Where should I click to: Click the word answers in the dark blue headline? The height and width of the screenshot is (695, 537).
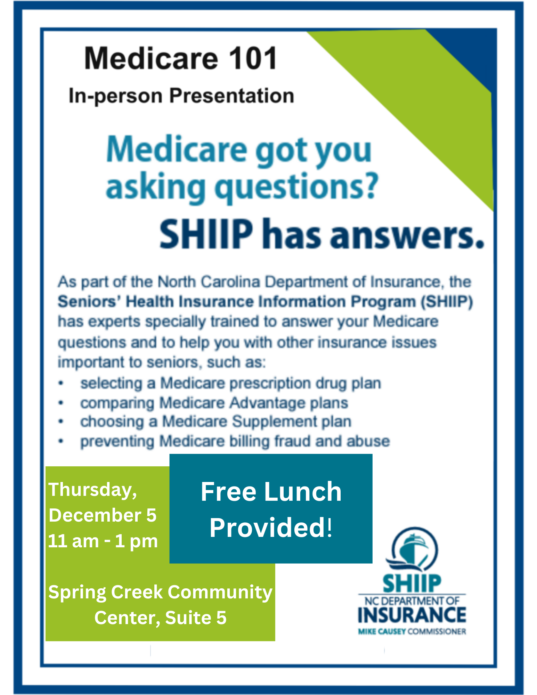[407, 236]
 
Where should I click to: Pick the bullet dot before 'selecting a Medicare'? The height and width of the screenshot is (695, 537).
[61, 383]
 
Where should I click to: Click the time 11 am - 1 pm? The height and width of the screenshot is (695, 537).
[103, 541]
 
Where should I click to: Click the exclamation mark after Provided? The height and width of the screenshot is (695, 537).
[329, 527]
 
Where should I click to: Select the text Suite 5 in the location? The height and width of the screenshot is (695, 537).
[196, 618]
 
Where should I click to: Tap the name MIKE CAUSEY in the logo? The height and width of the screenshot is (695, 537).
[382, 631]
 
